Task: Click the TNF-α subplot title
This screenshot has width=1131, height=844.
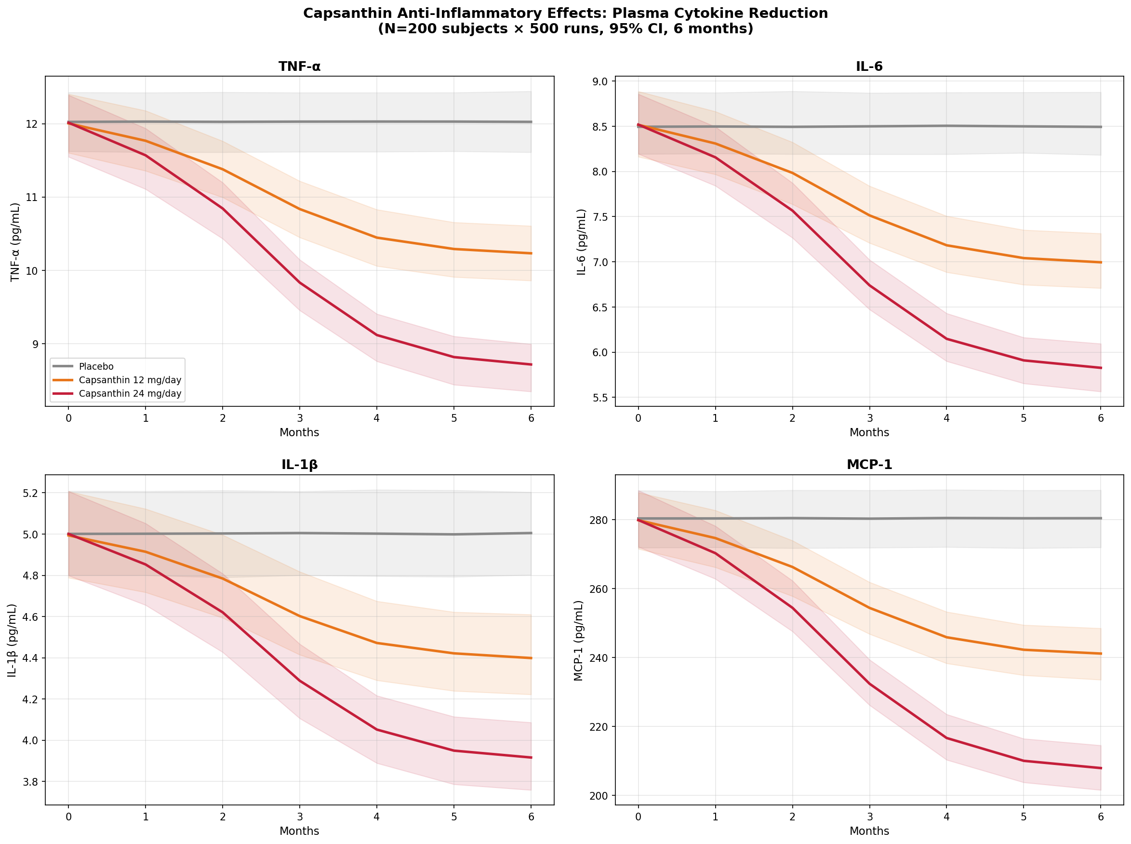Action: pos(299,67)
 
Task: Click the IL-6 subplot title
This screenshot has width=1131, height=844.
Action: pos(869,67)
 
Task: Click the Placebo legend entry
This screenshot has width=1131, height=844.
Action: pos(96,366)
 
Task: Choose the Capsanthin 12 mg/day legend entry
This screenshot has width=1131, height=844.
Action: pos(130,380)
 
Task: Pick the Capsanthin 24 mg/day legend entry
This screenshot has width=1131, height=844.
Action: pos(130,393)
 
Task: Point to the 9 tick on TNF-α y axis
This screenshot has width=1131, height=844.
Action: pos(35,344)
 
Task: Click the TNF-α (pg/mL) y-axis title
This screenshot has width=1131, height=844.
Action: pos(15,241)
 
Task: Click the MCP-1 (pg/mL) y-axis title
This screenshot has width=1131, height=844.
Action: pos(578,640)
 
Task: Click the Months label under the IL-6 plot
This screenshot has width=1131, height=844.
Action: pos(869,432)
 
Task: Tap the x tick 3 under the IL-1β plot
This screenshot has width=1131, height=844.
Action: pos(300,817)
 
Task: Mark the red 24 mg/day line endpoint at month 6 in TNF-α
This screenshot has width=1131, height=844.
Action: pos(531,364)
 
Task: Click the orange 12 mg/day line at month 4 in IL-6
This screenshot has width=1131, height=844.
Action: pos(946,245)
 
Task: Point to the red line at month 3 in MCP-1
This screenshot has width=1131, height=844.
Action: pos(869,683)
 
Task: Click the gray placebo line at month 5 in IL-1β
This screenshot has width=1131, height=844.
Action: pos(453,535)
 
